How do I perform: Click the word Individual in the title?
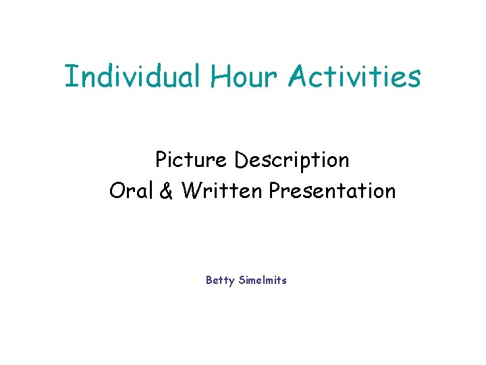point(132,76)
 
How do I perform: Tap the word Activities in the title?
point(355,76)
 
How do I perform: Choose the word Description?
point(292,161)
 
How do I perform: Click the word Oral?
point(132,191)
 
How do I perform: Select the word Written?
point(221,191)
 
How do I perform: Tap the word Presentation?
point(332,191)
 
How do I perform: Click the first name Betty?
point(220,280)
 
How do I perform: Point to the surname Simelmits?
point(263,280)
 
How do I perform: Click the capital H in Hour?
point(220,76)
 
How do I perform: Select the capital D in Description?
point(241,160)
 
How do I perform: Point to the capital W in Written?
point(191,191)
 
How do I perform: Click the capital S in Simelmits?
point(242,280)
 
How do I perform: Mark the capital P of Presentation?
point(275,191)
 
